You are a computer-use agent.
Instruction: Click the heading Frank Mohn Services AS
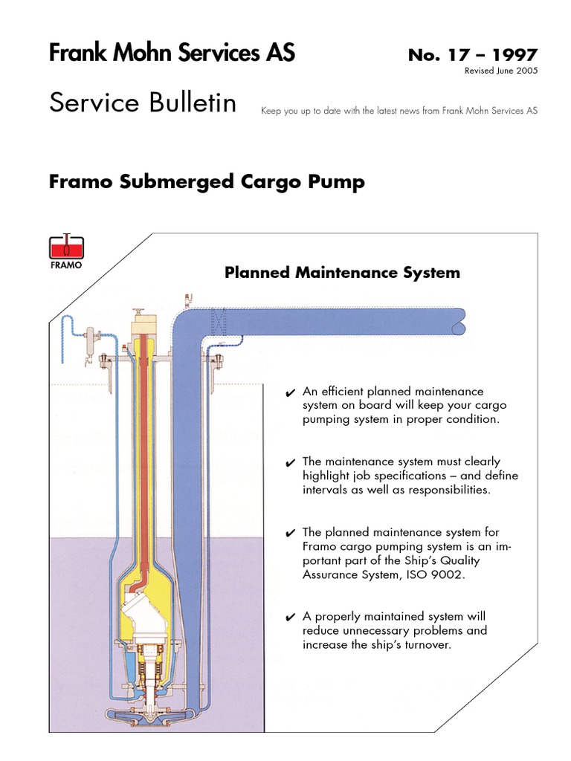coord(172,54)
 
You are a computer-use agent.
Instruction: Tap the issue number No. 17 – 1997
coord(472,55)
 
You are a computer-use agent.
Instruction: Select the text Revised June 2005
coord(500,71)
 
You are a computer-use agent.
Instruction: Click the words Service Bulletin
coord(143,103)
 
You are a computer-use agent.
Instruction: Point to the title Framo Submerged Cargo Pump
coord(207,182)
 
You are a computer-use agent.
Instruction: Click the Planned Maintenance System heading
coord(342,273)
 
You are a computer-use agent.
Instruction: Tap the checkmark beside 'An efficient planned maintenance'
coord(291,392)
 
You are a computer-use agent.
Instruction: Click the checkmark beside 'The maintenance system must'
coord(291,463)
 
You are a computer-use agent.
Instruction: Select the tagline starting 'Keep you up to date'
coord(399,111)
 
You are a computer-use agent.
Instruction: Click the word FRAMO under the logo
coord(66,265)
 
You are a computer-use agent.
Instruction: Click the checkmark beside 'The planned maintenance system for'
coord(291,534)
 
